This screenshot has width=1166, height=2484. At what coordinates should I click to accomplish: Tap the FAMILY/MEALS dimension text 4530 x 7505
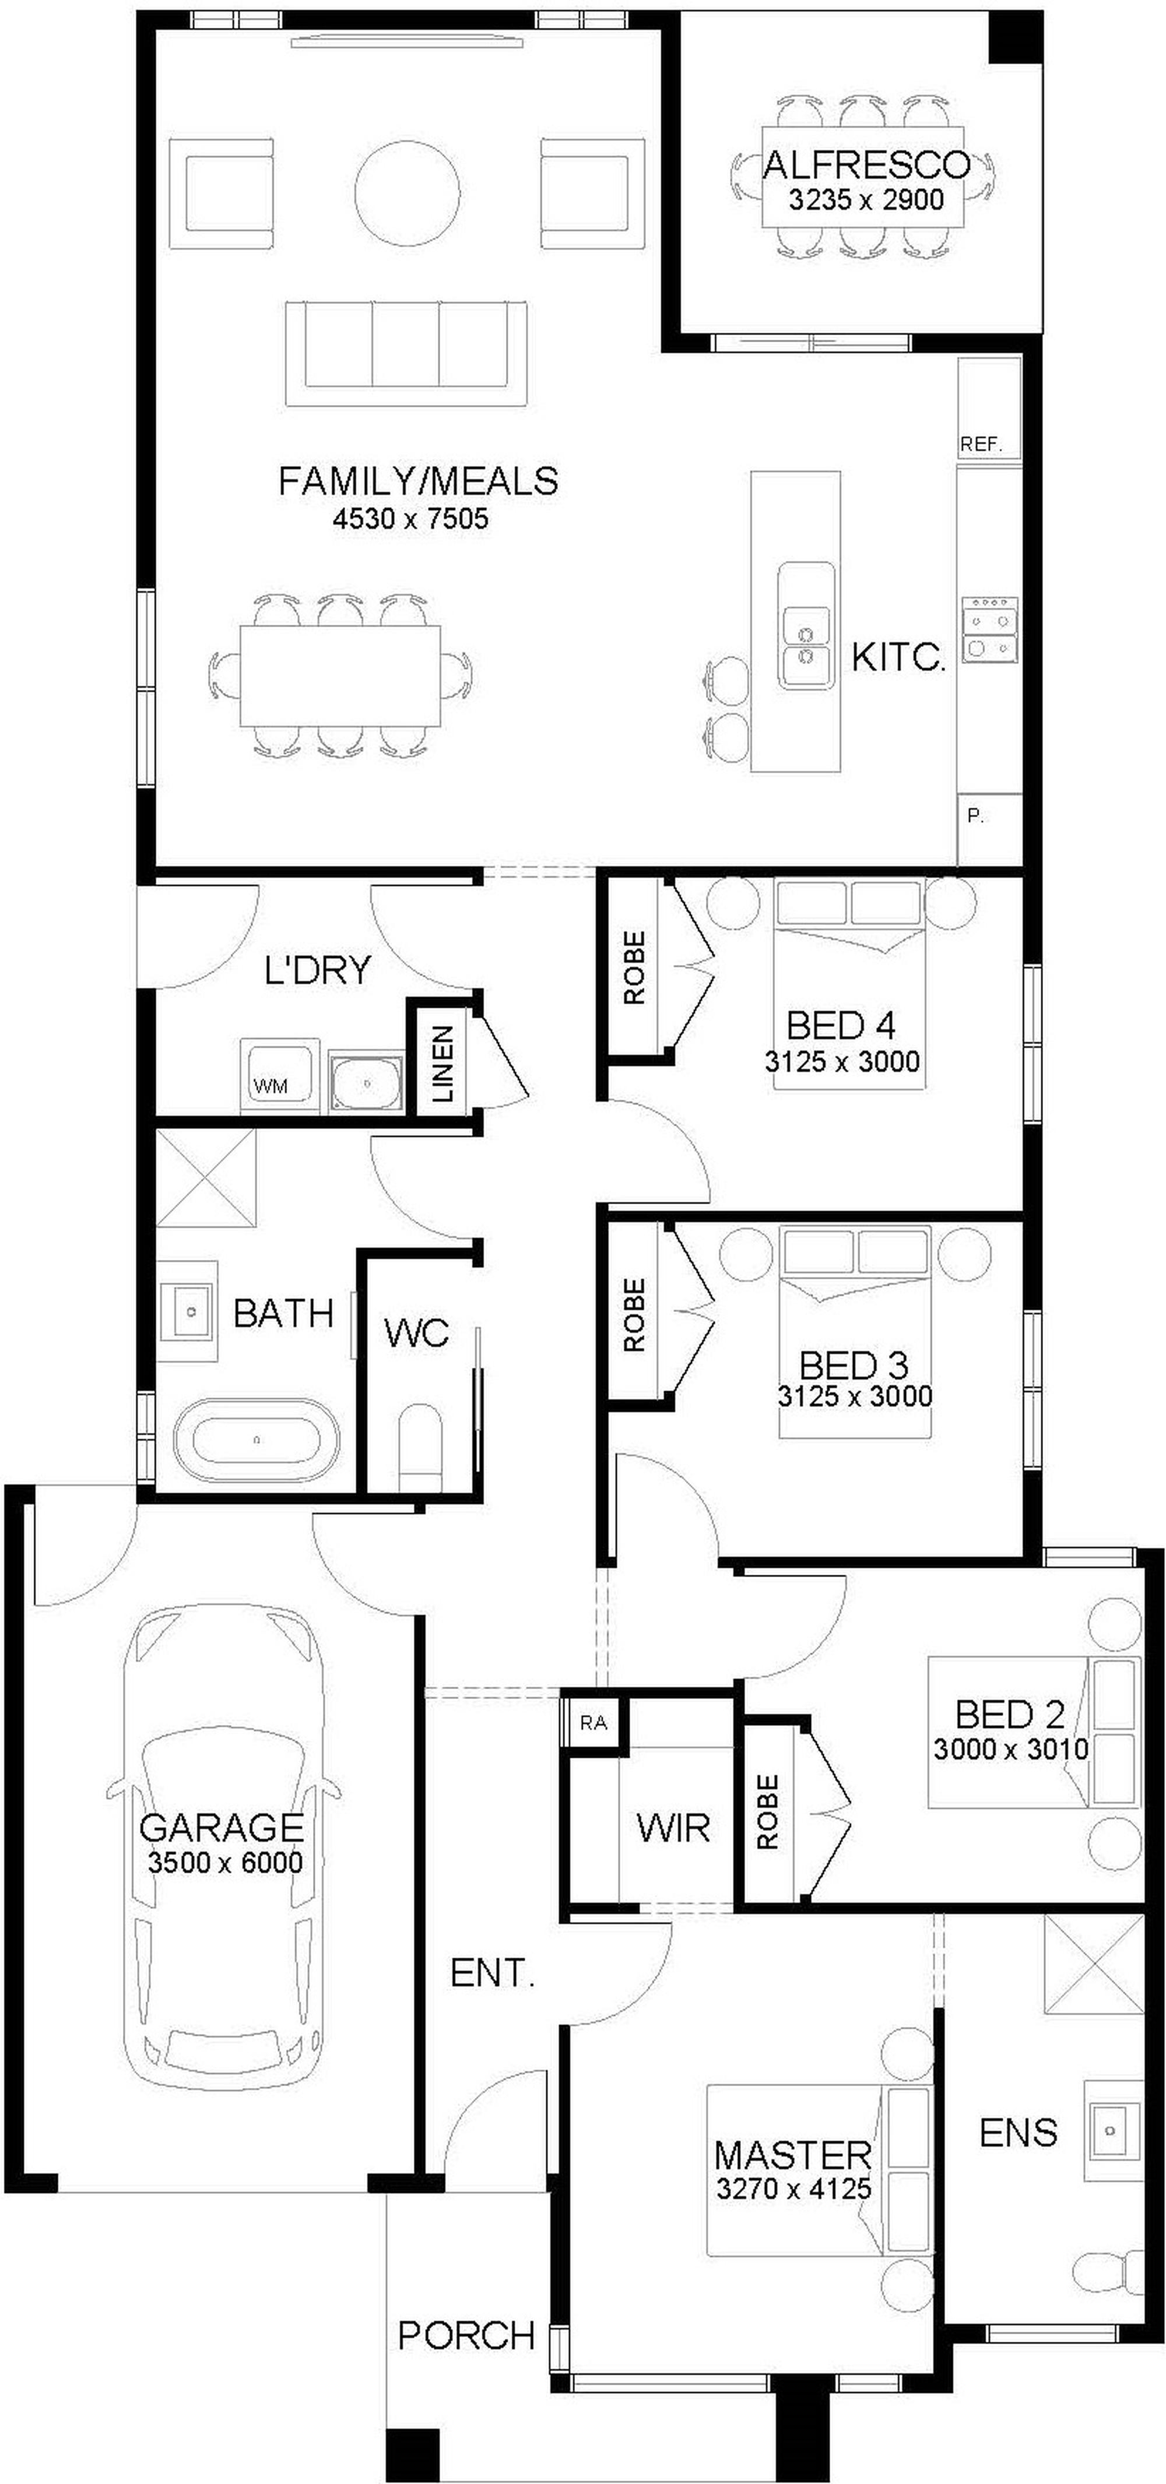(x=411, y=519)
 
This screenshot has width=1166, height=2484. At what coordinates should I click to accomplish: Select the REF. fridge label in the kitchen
(x=981, y=445)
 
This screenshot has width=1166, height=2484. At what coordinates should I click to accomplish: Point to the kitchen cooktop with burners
(x=989, y=629)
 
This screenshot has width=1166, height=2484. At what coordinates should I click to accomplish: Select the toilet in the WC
(x=420, y=1447)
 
